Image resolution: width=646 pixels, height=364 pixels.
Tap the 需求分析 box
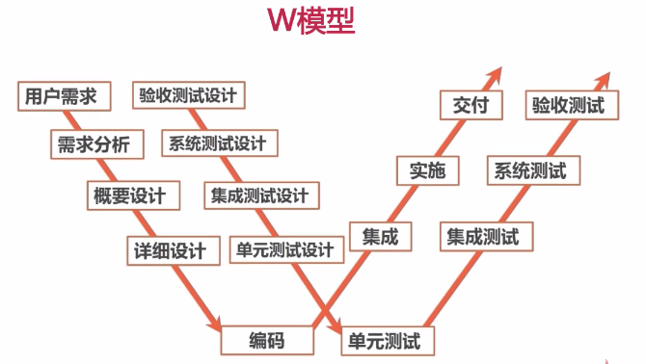[x=95, y=145]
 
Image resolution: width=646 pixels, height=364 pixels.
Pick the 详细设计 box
[x=170, y=251]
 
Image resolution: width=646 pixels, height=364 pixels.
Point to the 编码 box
[x=267, y=340]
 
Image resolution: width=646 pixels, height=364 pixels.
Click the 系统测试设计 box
[x=217, y=144]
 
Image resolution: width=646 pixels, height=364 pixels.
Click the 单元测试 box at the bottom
[x=388, y=340]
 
